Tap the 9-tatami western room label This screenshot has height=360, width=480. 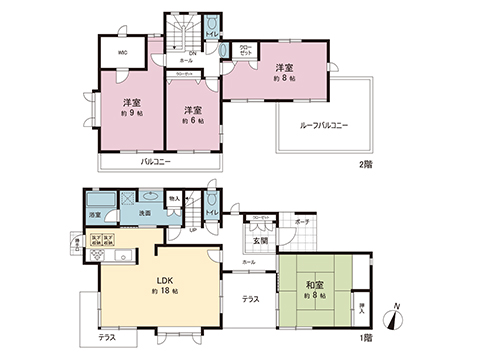click(x=131, y=107)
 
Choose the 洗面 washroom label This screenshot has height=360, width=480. click(x=144, y=213)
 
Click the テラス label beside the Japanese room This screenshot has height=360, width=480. click(x=251, y=299)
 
